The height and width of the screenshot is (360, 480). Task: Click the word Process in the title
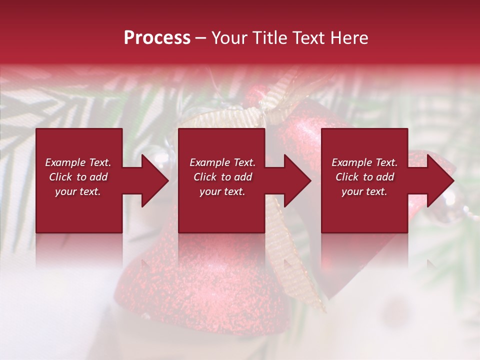[x=157, y=38]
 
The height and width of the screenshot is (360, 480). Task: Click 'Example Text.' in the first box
[x=78, y=162]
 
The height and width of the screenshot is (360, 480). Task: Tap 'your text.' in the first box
[x=78, y=191]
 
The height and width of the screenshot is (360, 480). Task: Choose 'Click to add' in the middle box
[x=222, y=177]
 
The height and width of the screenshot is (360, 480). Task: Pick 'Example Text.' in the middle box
[x=222, y=162]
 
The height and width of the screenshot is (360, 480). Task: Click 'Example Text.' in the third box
[x=364, y=162]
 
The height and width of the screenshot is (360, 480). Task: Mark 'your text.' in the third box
[x=364, y=191]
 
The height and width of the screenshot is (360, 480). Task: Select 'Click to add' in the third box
[x=364, y=177]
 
